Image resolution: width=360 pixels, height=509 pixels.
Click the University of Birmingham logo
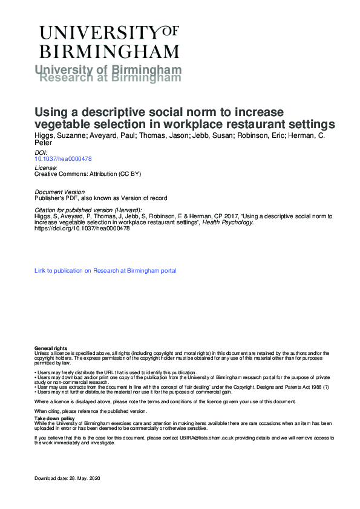[109, 41]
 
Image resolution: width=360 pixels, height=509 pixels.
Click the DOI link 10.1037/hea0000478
[63, 158]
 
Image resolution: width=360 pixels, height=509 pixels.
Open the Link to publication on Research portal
[105, 271]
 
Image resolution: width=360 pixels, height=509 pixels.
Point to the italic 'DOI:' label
[41, 152]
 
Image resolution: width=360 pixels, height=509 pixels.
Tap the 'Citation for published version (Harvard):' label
[88, 210]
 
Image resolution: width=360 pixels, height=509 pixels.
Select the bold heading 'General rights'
[51, 349]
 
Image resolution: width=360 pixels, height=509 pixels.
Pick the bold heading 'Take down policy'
[54, 418]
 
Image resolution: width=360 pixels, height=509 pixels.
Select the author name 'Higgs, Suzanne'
[58, 136]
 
